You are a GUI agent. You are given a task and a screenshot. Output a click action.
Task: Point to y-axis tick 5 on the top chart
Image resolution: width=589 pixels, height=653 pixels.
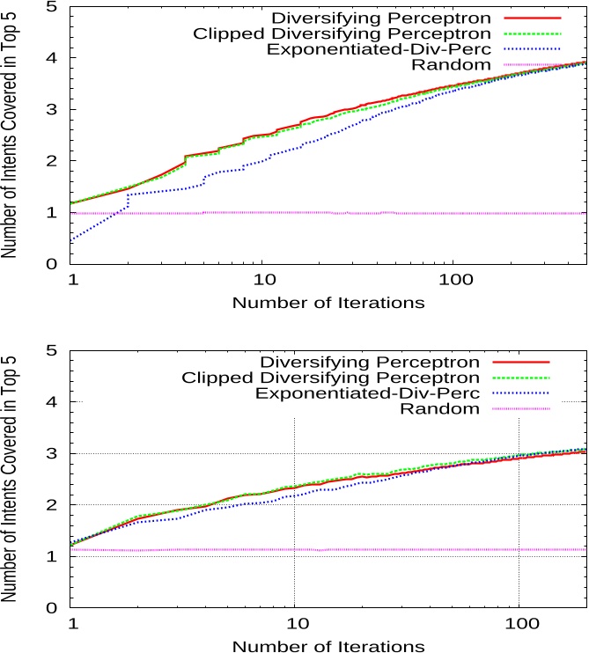click(x=52, y=7)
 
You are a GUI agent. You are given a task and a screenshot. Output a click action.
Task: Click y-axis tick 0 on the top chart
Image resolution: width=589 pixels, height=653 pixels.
click(x=52, y=264)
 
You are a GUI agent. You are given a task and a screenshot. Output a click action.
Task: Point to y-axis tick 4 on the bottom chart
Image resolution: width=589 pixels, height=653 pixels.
click(x=52, y=402)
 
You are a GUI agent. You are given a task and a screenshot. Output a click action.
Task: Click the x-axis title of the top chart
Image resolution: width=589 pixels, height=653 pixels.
click(x=328, y=303)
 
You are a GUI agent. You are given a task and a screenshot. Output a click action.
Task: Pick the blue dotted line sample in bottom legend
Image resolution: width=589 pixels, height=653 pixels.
click(x=516, y=393)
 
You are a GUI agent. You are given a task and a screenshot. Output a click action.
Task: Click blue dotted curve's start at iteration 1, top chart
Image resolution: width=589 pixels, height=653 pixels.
click(x=71, y=240)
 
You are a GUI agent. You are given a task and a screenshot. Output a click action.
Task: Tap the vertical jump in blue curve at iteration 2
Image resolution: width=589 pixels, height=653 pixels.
click(x=129, y=202)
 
